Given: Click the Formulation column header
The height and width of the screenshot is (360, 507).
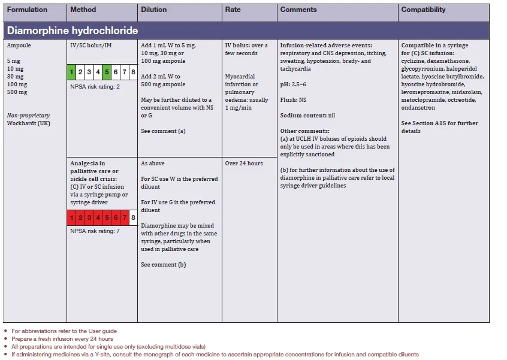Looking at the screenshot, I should pyautogui.click(x=27, y=10).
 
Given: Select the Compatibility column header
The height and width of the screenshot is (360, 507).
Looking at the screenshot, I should pyautogui.click(x=423, y=10).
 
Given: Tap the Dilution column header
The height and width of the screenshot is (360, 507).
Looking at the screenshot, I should pyautogui.click(x=154, y=10).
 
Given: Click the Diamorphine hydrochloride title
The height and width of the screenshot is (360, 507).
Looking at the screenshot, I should pyautogui.click(x=72, y=31).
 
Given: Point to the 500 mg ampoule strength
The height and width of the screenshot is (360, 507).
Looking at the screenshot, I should pyautogui.click(x=17, y=92).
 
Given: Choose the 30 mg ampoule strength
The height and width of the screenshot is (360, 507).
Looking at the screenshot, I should pyautogui.click(x=16, y=77).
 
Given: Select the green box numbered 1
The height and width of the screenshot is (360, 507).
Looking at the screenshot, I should pyautogui.click(x=71, y=73).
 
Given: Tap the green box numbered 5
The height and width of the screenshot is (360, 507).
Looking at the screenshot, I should pyautogui.click(x=107, y=73).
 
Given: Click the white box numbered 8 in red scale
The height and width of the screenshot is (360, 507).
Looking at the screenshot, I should pyautogui.click(x=132, y=217).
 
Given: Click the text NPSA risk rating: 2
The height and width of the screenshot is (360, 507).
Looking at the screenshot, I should pyautogui.click(x=95, y=87).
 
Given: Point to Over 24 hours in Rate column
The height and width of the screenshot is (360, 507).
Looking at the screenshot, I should pyautogui.click(x=243, y=164).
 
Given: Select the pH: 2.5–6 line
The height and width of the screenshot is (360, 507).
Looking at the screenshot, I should pyautogui.click(x=301, y=84).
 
